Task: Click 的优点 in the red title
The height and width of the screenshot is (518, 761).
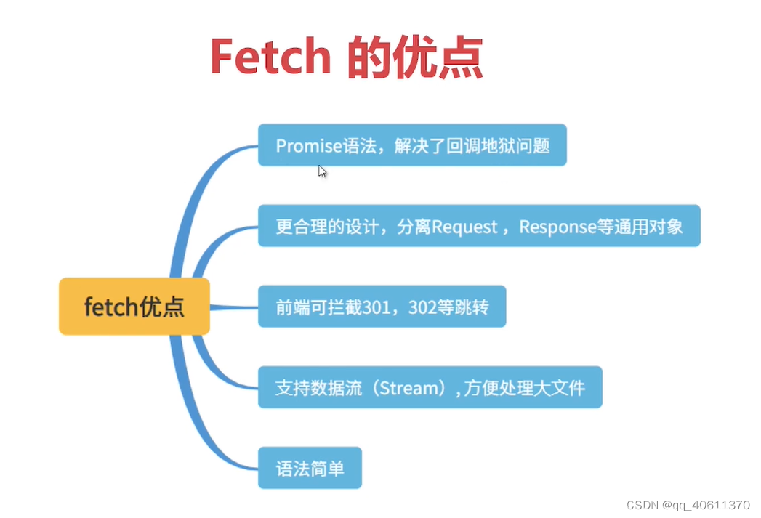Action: (415, 56)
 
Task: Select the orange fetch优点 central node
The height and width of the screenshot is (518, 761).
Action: (134, 307)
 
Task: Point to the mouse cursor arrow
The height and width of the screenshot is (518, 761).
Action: (322, 171)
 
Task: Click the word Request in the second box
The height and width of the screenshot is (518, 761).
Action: (464, 226)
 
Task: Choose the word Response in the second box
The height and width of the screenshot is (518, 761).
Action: (557, 226)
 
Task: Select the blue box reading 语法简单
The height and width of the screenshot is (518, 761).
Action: (310, 468)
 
